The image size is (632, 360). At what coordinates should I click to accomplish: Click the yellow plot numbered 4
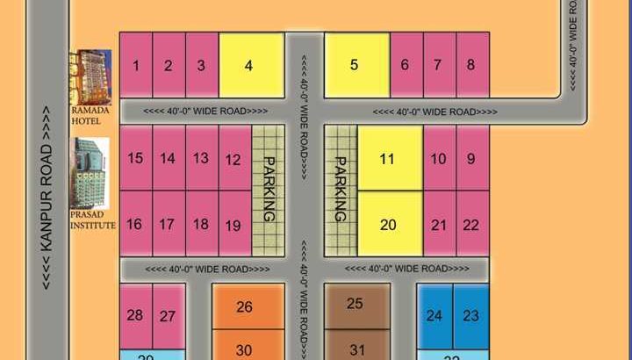[x=250, y=65]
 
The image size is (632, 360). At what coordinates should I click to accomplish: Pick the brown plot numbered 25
[x=357, y=304]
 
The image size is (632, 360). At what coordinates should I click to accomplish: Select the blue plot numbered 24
[x=434, y=315]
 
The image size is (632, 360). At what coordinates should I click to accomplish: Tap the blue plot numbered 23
[x=471, y=315]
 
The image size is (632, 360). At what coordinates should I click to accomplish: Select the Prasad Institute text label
[x=93, y=220]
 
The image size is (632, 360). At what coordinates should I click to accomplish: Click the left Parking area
[x=269, y=190]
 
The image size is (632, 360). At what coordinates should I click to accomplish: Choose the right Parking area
[x=341, y=190]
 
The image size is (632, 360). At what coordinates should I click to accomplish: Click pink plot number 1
[x=136, y=65]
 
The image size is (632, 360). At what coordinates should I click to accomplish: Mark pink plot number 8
[x=472, y=65]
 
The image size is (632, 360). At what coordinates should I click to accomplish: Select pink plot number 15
[x=136, y=158]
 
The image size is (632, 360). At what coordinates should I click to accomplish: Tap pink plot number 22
[x=472, y=224]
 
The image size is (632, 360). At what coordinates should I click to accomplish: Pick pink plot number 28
[x=135, y=315]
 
